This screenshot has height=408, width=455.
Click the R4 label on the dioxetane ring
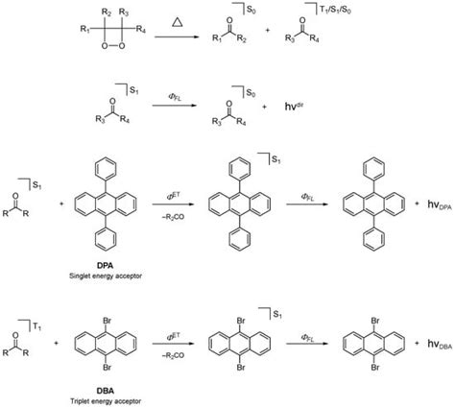click(142, 30)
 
